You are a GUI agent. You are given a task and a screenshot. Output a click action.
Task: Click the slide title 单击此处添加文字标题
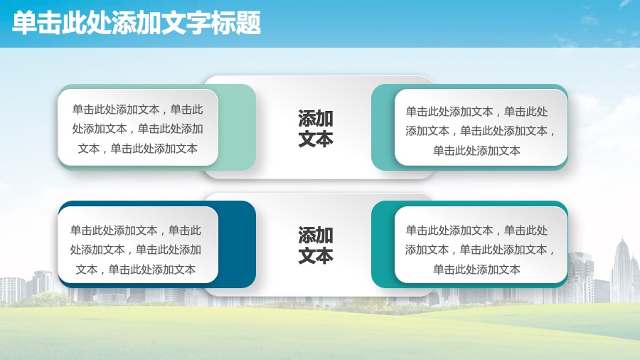click(137, 23)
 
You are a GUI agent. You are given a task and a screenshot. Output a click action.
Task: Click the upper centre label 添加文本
click(316, 128)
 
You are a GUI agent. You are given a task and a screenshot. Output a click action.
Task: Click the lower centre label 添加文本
click(316, 245)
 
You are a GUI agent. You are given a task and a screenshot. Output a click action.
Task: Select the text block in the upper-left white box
click(137, 129)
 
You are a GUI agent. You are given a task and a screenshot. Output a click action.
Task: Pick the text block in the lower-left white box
click(136, 250)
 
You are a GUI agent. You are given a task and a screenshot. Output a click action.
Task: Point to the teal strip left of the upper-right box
click(383, 127)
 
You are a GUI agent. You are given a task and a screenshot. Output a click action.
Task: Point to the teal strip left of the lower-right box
click(383, 244)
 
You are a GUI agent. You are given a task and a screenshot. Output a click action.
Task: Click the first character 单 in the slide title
click(24, 23)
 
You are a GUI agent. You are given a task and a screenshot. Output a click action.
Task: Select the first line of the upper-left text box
click(137, 110)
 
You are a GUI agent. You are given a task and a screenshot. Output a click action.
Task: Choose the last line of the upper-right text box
click(476, 151)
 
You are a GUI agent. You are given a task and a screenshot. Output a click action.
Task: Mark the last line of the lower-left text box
click(136, 270)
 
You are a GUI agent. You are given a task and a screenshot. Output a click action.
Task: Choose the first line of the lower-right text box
click(476, 231)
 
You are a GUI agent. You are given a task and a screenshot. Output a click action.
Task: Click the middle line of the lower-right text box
click(481, 250)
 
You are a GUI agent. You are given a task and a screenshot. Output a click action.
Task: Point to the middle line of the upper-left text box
click(137, 129)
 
